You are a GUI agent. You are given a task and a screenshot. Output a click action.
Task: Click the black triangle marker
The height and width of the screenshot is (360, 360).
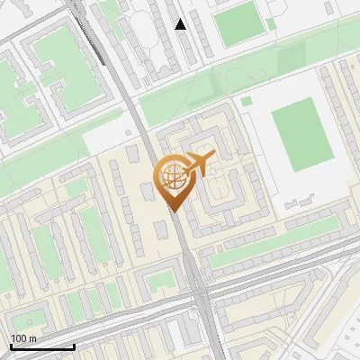click(x=181, y=24)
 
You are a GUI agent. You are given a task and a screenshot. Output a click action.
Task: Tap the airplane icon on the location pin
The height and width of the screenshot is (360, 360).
click(x=198, y=164)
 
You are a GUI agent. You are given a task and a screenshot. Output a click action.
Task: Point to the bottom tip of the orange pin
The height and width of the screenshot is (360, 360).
click(x=172, y=211)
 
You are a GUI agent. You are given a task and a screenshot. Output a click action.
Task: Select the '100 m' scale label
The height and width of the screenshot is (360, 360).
click(x=24, y=337)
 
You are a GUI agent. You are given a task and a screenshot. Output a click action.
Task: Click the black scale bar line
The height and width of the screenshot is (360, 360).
click(x=41, y=346)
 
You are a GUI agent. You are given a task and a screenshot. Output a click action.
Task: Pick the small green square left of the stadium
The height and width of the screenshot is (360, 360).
click(x=247, y=101)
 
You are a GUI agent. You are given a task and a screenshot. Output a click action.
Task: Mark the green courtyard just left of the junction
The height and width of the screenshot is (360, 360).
click(x=162, y=281)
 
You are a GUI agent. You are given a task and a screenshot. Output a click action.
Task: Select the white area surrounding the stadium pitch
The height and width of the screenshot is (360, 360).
click(x=270, y=180)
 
